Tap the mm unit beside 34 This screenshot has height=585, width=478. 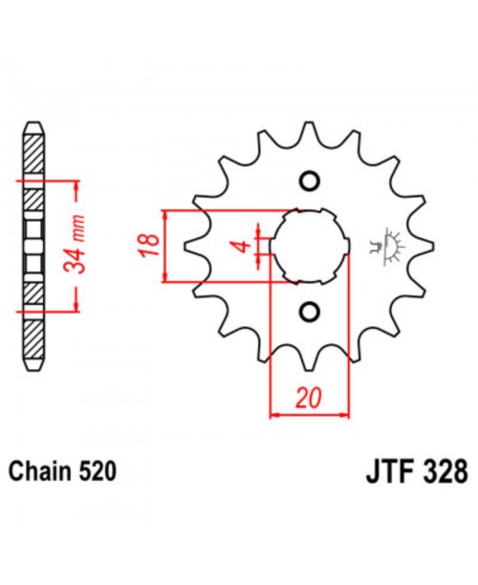click(82, 231)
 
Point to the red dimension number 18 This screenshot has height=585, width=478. click(146, 245)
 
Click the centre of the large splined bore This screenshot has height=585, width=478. click(308, 246)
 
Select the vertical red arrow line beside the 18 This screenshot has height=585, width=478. click(166, 245)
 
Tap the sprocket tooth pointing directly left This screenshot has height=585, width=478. click(192, 246)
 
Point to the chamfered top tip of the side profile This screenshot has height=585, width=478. click(33, 127)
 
